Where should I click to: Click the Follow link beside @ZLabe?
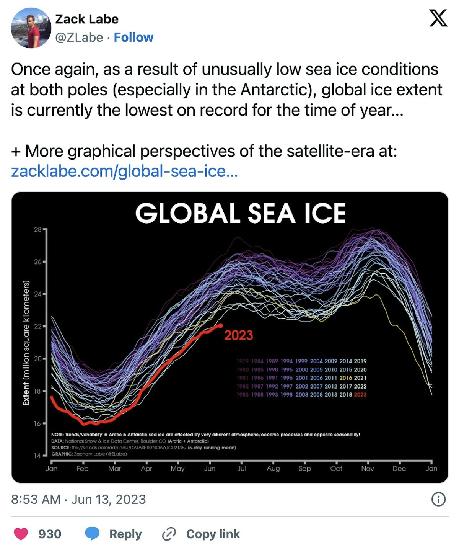point(133,38)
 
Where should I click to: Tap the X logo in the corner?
point(438,18)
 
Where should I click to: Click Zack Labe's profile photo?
point(31,28)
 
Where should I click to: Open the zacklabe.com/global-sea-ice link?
point(124,171)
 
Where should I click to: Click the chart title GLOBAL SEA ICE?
point(240,213)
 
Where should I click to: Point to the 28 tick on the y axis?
point(38,230)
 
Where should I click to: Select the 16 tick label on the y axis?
point(37,423)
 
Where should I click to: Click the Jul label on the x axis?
point(241,469)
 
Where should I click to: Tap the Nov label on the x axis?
point(368,469)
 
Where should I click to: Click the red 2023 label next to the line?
point(238,335)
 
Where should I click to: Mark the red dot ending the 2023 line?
point(220,326)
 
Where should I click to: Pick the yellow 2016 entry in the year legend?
point(346,378)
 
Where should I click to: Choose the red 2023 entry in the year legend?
point(360,395)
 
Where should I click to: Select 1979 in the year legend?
point(243,361)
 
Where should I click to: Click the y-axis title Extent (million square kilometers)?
point(26,343)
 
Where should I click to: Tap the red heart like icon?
point(21,534)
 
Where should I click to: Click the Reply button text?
point(125,534)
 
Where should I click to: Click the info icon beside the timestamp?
point(438,499)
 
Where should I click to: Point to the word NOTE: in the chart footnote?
point(58,435)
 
